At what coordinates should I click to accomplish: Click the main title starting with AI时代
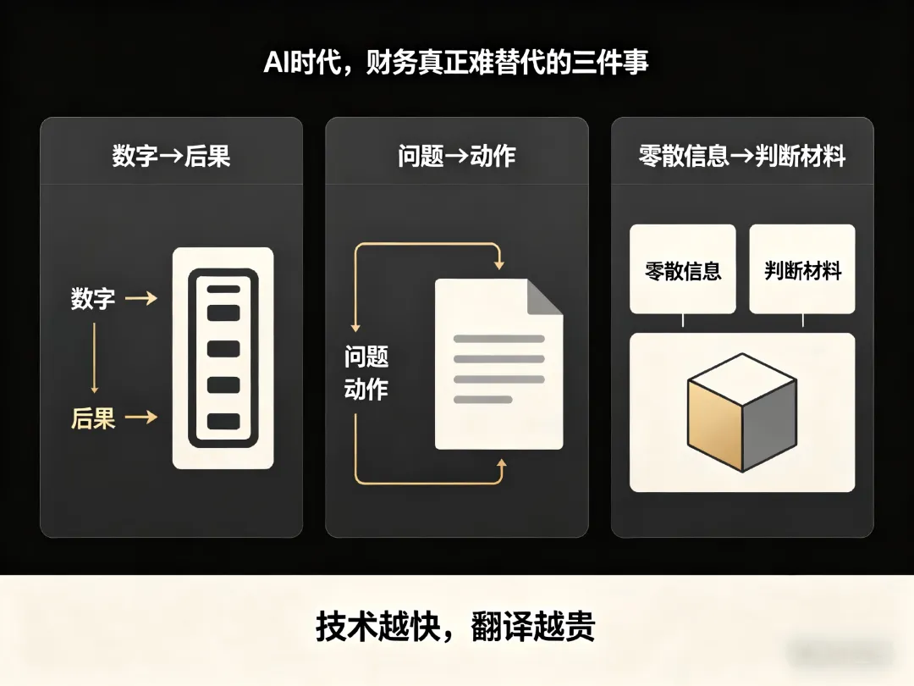456,64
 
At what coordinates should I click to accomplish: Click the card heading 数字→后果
171,156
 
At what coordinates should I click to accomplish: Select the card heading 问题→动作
456,156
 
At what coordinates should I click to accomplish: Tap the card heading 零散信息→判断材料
741,156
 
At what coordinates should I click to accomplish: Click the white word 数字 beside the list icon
93,298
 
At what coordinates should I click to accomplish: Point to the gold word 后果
93,418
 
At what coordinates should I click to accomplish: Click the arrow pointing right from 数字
140,298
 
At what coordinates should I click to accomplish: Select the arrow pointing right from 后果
140,417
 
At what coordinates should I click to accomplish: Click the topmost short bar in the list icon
223,290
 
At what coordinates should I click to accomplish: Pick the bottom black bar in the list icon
223,421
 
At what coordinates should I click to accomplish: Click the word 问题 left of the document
366,357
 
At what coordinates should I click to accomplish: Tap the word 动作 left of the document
366,390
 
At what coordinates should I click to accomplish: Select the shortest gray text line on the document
483,399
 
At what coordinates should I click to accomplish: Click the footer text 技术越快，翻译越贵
456,627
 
